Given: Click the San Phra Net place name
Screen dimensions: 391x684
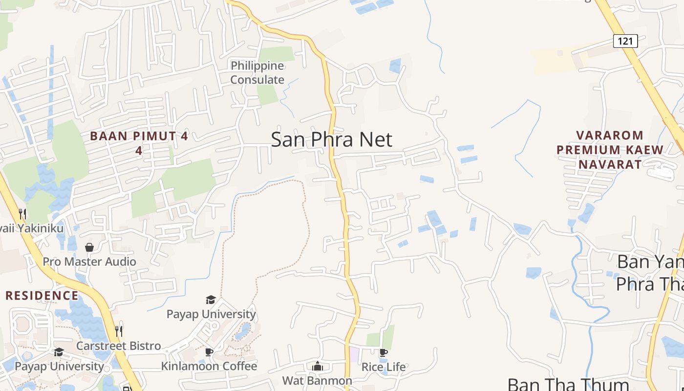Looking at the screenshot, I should (331, 140).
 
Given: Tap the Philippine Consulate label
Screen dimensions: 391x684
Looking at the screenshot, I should (257, 72).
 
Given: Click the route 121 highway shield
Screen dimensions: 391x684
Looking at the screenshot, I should (625, 41).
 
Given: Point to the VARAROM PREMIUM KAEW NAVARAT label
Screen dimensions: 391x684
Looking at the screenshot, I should (610, 150).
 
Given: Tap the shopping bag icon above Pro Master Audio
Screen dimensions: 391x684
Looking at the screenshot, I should (89, 247).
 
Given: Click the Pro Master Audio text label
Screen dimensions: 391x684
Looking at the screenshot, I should (89, 261).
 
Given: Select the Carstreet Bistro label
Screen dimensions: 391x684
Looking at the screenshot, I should (119, 346).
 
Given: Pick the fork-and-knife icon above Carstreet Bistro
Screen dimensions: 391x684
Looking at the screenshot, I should (118, 331).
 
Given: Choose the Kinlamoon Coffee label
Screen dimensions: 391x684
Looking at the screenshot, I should (209, 366).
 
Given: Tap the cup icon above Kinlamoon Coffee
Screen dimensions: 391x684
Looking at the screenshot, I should (209, 352).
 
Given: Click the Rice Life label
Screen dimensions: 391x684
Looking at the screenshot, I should (384, 367).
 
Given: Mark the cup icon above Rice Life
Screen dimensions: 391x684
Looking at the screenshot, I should (384, 352).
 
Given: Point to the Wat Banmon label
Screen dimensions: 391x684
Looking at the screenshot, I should (317, 380).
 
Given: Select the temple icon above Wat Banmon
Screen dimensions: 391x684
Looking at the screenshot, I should (318, 366).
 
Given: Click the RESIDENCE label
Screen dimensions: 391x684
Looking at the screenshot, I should (42, 296).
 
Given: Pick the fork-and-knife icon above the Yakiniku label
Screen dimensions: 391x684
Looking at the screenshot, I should (22, 214).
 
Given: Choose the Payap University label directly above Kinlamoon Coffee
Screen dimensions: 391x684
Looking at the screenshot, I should (211, 314).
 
